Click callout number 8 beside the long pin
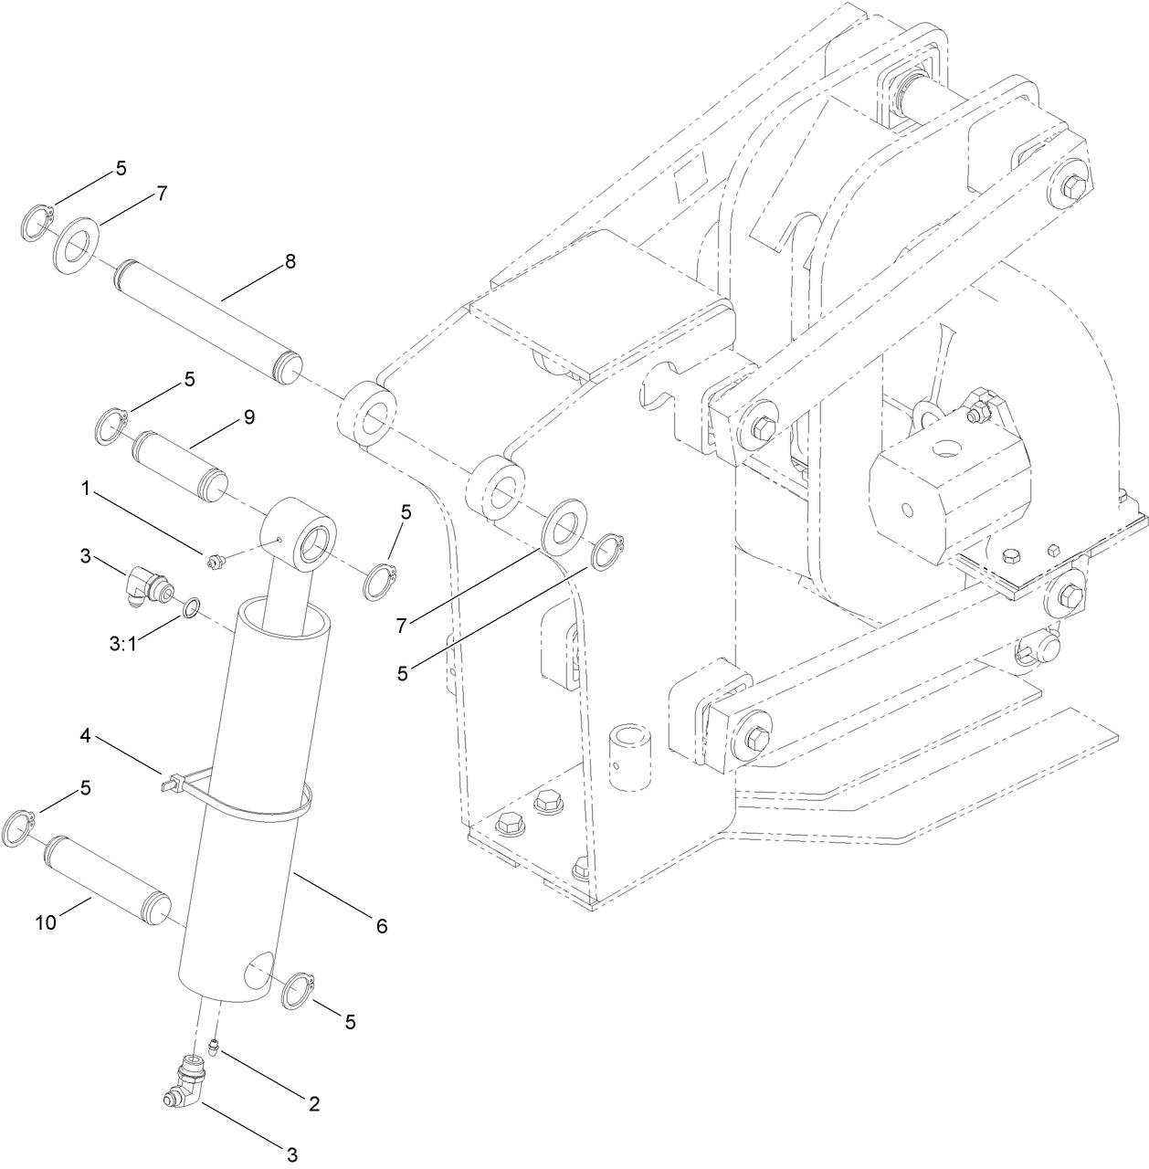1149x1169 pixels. pyautogui.click(x=290, y=262)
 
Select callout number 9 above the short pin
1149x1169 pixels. pyautogui.click(x=248, y=417)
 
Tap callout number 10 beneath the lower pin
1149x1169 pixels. pyautogui.click(x=46, y=922)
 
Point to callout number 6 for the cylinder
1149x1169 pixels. pyautogui.click(x=381, y=926)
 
